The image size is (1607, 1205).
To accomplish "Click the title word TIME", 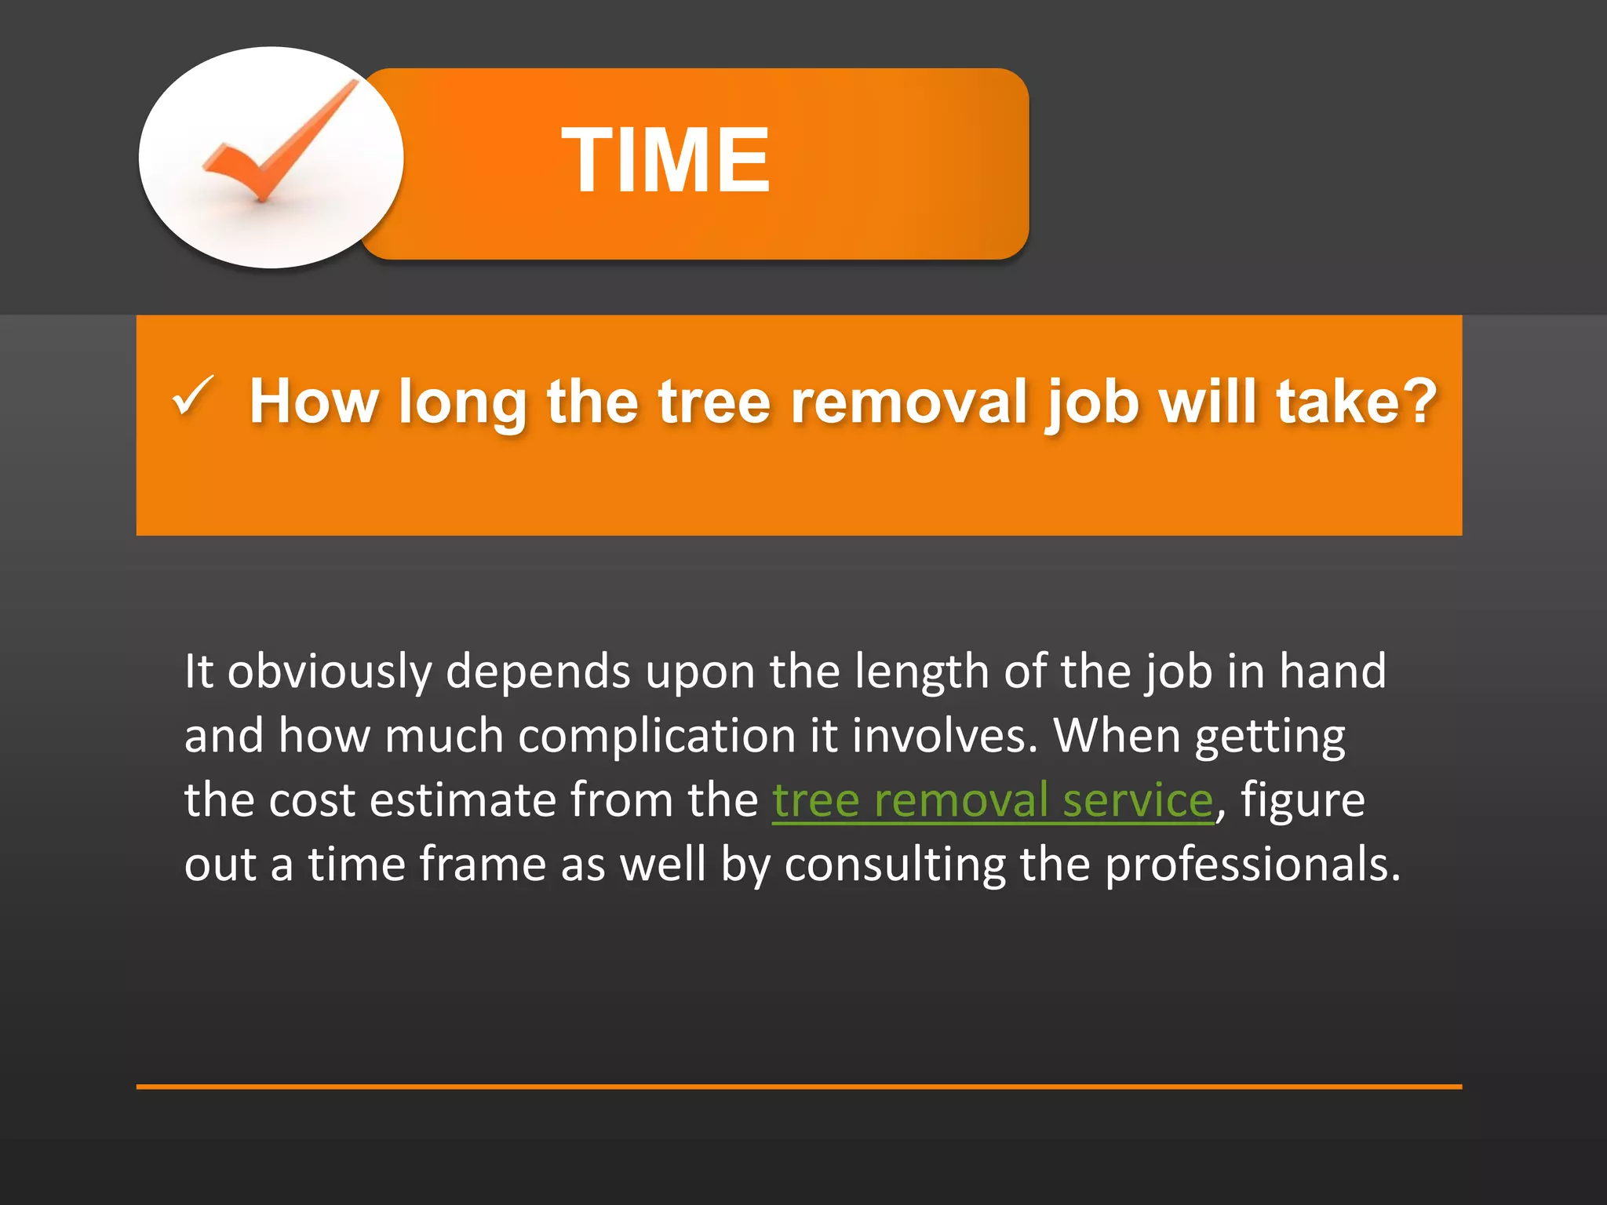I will point(665,161).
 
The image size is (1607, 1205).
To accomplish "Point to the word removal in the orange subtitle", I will point(909,402).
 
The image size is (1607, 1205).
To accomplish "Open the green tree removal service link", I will point(993,801).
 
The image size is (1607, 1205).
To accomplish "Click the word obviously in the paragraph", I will point(330,672).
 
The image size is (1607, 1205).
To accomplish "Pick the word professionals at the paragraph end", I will point(1252,865).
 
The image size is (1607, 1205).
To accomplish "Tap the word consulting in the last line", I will point(895,865).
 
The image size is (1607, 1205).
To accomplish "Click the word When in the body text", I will point(1117,737).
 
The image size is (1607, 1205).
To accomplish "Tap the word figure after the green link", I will point(1303,801).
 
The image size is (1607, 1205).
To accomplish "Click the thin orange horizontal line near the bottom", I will point(799,1087).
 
